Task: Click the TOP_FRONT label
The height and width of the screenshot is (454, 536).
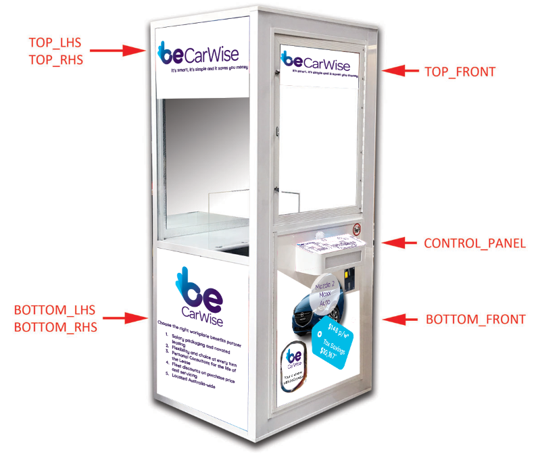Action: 460,71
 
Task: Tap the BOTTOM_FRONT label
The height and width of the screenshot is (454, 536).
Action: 475,320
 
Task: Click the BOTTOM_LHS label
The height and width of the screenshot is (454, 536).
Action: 55,311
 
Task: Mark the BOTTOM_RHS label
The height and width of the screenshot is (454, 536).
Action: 55,328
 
